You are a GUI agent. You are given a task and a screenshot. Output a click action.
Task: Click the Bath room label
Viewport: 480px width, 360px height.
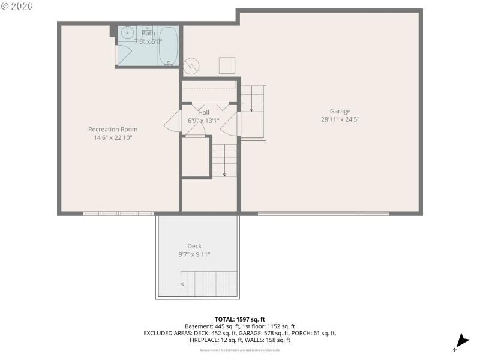(148, 34)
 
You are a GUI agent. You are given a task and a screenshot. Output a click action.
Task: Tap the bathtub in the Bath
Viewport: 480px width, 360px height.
(168, 46)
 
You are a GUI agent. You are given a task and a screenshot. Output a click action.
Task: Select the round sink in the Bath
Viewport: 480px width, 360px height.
(127, 34)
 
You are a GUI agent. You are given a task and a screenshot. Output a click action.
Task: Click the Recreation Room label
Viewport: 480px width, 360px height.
(113, 129)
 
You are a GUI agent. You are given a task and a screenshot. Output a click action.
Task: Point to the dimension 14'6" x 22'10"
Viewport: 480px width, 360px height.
(113, 138)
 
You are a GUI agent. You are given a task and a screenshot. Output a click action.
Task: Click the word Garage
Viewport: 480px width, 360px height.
(340, 111)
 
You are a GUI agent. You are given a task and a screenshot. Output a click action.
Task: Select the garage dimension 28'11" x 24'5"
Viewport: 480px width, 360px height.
(340, 119)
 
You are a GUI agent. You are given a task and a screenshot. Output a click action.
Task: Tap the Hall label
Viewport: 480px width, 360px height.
(203, 112)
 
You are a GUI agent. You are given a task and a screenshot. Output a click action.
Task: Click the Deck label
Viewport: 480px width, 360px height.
(194, 246)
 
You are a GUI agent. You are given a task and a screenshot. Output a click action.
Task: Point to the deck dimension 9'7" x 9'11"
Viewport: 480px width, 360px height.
(194, 254)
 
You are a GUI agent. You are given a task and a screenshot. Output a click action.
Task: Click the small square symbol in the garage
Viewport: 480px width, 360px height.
(227, 65)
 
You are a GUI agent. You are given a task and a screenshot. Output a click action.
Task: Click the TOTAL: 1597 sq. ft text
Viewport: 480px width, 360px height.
(239, 319)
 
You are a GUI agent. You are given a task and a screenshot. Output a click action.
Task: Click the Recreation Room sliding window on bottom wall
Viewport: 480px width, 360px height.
(118, 213)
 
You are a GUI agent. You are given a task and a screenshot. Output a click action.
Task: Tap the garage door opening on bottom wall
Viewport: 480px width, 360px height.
(323, 213)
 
